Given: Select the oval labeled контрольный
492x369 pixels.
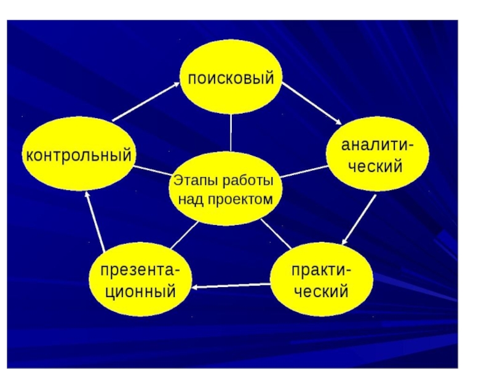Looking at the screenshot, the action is (78, 155).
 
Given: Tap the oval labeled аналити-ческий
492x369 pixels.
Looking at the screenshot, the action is (378, 156).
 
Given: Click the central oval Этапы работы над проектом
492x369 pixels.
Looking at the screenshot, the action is (225, 190).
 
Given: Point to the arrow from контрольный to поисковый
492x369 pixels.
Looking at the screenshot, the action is (145, 102).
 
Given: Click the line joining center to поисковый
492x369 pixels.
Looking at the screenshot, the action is (231, 132).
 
